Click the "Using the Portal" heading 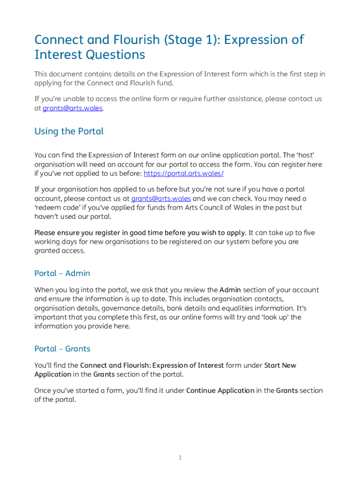point(69,131)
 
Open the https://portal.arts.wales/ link point(183,174)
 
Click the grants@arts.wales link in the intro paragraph point(72,108)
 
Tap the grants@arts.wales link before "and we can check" point(161,198)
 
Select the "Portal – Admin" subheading point(62,273)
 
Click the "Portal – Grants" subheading point(62,349)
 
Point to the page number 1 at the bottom point(180,457)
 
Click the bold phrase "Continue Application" point(220,391)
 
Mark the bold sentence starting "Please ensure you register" point(140,233)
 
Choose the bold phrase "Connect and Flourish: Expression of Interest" point(152,365)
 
